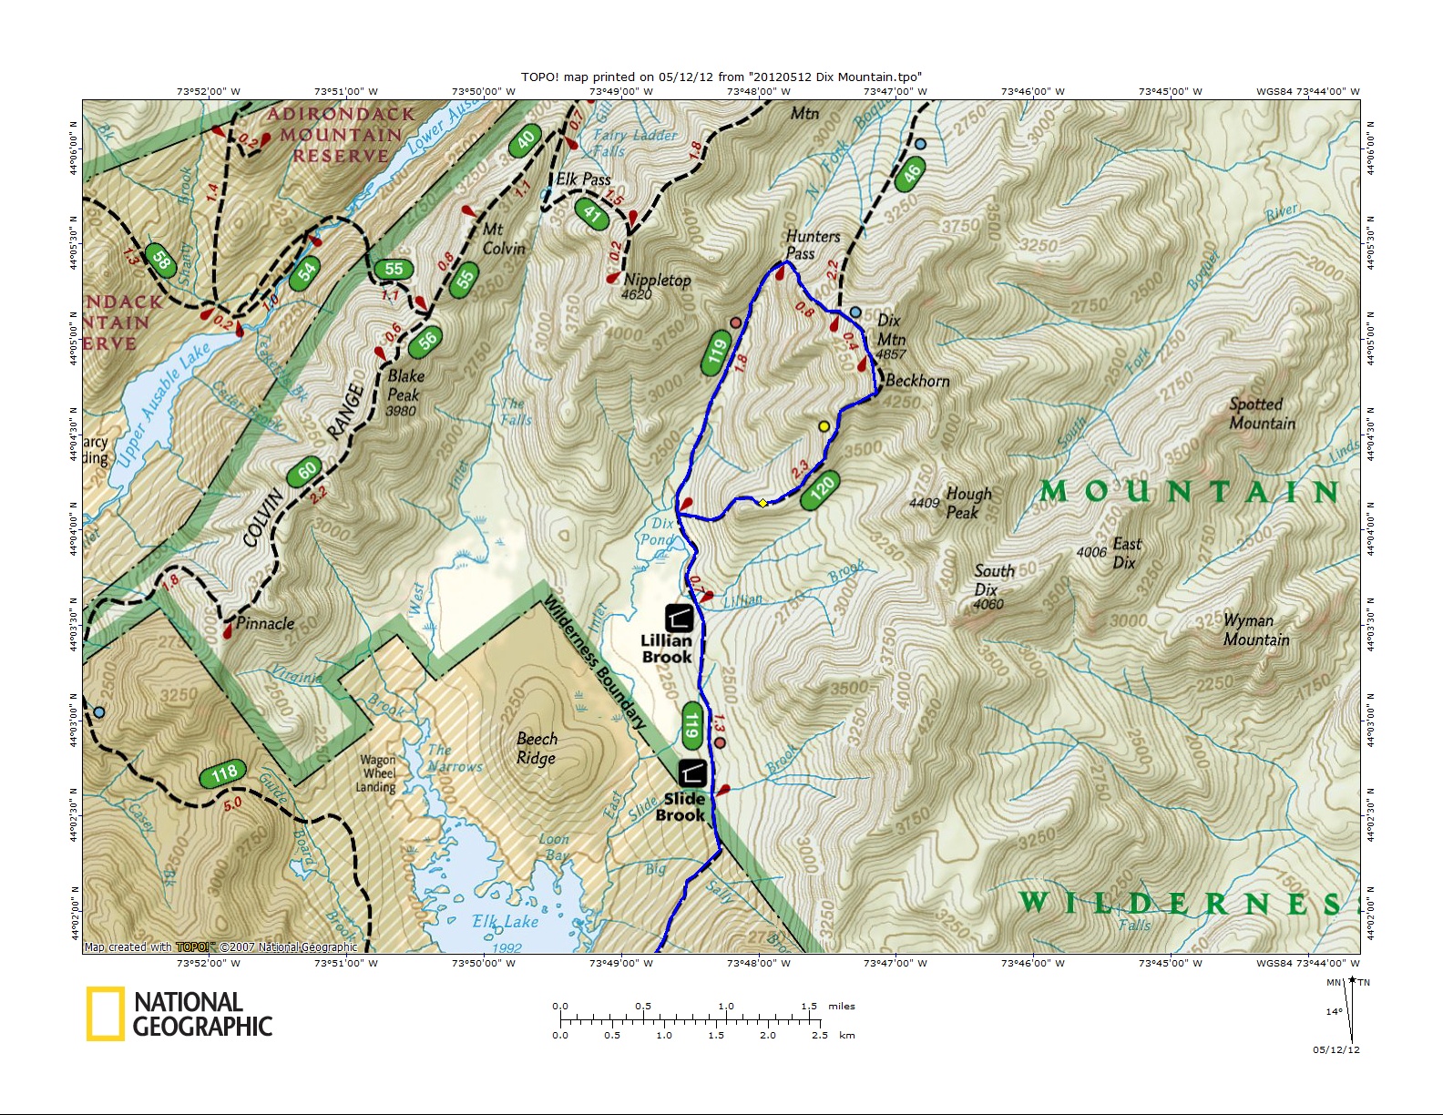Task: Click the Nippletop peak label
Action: point(657,281)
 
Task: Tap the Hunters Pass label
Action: point(813,244)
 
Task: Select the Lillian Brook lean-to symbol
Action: point(679,619)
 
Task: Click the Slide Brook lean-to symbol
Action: point(691,773)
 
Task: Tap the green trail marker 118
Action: point(223,773)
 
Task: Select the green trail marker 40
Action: point(526,141)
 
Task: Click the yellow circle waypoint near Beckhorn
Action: point(824,426)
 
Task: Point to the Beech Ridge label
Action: point(537,748)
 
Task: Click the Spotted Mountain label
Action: point(1262,414)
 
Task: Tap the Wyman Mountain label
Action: point(1255,629)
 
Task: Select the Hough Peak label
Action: point(967,502)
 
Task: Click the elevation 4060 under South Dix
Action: point(988,605)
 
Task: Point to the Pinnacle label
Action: point(264,623)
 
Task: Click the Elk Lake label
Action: point(505,921)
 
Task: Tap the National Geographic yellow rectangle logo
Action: point(105,1014)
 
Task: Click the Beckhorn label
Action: point(916,381)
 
